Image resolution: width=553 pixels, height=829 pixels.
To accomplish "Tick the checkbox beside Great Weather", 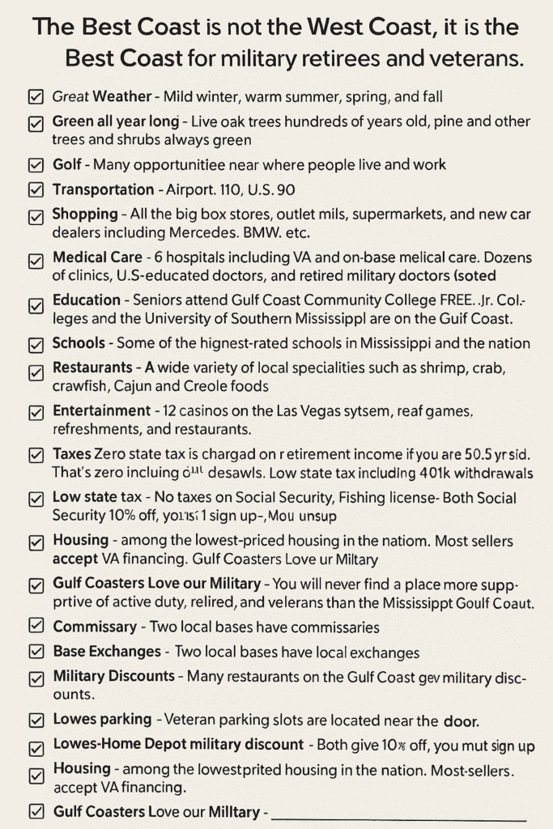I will (x=36, y=97).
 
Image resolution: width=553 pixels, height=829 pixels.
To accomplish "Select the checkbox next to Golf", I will (x=36, y=165).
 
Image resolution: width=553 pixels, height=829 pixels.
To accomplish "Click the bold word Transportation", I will (x=103, y=190).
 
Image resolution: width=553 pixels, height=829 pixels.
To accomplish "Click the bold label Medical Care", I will (x=97, y=257).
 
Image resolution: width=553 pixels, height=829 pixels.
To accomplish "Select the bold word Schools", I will (x=79, y=343).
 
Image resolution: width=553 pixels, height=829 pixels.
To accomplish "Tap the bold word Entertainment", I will (x=101, y=411).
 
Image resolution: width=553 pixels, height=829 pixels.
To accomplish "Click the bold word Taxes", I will (x=71, y=453).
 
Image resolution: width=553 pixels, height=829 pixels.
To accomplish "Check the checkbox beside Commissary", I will (x=36, y=626).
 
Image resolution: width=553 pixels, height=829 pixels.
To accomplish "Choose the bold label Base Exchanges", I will (x=107, y=651).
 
